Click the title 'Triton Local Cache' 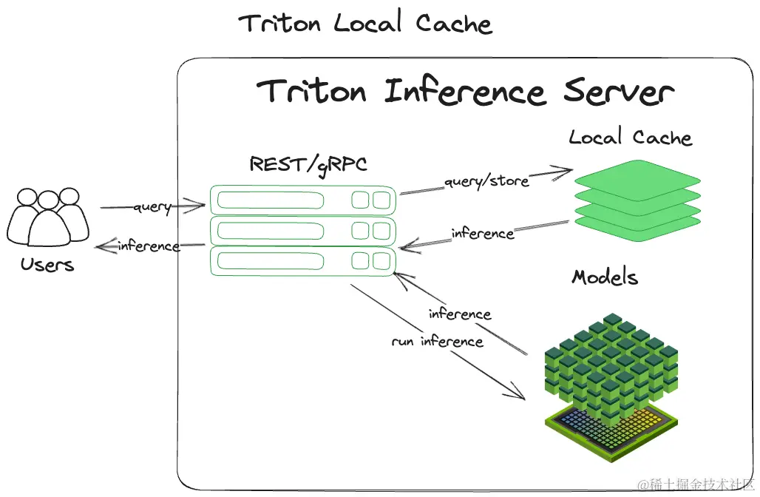pos(365,24)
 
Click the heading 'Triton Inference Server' pos(465,92)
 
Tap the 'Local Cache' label pos(630,138)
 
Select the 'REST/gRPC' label pos(308,163)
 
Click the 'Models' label pos(604,277)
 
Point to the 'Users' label pos(47,264)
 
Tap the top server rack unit pos(302,200)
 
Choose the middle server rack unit pos(302,231)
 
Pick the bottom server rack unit pos(302,261)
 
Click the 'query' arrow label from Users pos(152,207)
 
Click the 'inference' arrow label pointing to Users pos(148,246)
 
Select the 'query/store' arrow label pos(486,180)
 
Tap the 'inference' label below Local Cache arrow pos(482,234)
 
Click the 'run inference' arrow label pos(437,342)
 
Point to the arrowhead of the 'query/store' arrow pos(568,171)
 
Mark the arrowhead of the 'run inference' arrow pos(520,396)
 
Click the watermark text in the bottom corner pos(696,484)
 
